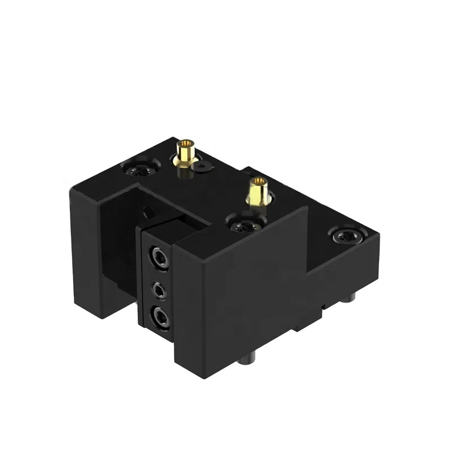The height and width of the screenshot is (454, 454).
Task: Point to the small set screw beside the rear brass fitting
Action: click(204, 166)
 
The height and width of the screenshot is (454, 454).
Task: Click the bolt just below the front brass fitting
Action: click(244, 226)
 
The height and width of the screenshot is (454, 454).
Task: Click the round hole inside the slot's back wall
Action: click(149, 213)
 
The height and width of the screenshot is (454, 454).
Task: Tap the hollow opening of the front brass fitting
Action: click(259, 181)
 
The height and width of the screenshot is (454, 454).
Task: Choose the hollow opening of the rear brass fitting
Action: click(185, 143)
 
